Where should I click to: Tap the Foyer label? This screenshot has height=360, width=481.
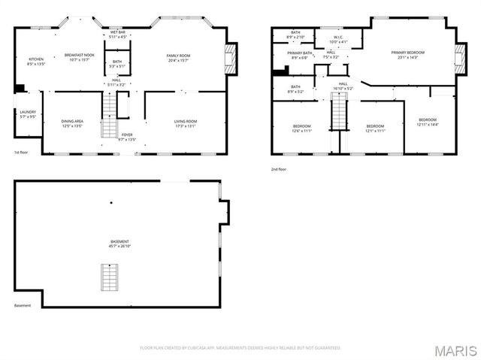tap(127, 137)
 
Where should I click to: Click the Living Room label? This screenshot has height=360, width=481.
tap(186, 124)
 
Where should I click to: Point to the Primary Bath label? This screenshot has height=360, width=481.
tap(298, 56)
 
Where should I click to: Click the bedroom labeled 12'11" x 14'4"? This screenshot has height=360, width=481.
tap(428, 123)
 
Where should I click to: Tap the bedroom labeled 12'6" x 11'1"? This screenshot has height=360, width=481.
tap(301, 129)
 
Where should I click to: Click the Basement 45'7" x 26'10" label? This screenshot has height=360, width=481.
tap(119, 244)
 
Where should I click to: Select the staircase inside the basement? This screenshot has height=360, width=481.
tap(110, 279)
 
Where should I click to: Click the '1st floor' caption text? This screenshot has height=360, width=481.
tap(21, 153)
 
